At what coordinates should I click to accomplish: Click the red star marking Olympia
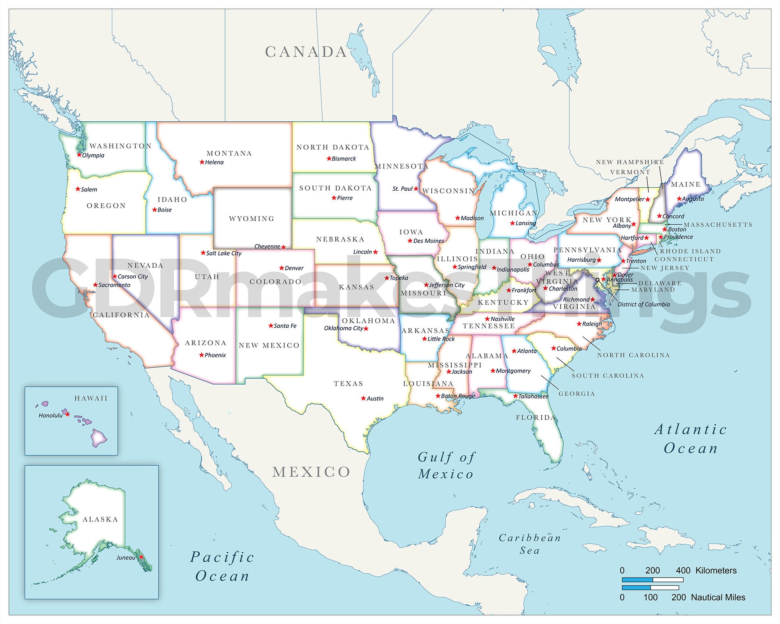(x=79, y=155)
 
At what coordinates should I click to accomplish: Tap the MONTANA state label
(x=229, y=153)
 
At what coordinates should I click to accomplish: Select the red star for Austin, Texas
(x=363, y=398)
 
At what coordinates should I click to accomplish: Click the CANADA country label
(x=306, y=52)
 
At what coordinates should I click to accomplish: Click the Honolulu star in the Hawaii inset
(x=67, y=414)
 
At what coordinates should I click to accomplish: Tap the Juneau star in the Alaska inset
(x=141, y=557)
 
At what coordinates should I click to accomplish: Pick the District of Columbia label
(x=643, y=304)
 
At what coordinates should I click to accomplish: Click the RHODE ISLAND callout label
(x=690, y=251)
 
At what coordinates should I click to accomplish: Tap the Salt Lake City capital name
(x=223, y=253)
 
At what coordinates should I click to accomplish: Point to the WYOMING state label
(x=252, y=218)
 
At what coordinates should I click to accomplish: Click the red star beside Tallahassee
(x=515, y=396)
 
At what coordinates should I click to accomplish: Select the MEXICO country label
(x=311, y=472)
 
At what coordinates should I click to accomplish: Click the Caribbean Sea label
(x=530, y=544)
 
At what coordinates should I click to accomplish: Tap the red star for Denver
(x=282, y=268)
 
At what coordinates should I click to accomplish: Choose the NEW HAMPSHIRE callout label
(x=629, y=162)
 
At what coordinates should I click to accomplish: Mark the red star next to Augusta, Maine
(x=679, y=199)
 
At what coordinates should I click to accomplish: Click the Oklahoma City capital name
(x=343, y=328)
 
